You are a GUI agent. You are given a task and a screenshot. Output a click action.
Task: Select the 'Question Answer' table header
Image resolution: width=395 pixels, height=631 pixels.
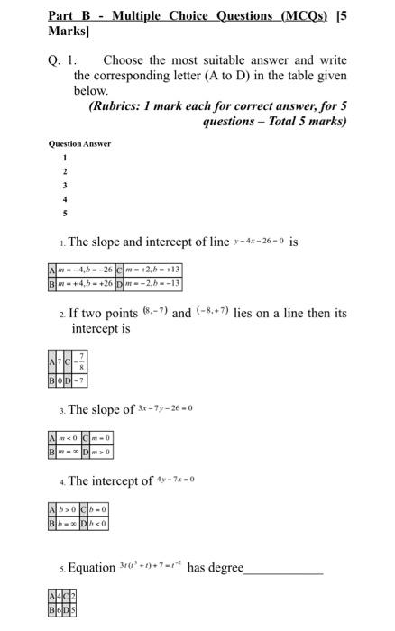click(78, 144)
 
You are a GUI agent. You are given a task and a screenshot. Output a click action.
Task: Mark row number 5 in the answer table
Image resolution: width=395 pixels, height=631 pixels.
click(64, 214)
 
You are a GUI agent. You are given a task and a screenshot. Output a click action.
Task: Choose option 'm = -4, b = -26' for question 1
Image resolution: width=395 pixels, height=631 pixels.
click(85, 270)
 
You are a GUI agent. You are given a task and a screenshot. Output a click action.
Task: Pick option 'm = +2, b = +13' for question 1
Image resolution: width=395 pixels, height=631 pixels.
click(154, 270)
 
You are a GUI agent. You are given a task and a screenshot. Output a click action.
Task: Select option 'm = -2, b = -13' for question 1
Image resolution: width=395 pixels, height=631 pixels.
click(154, 283)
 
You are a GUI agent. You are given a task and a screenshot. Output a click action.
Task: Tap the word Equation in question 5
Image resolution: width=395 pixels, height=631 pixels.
click(92, 568)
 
